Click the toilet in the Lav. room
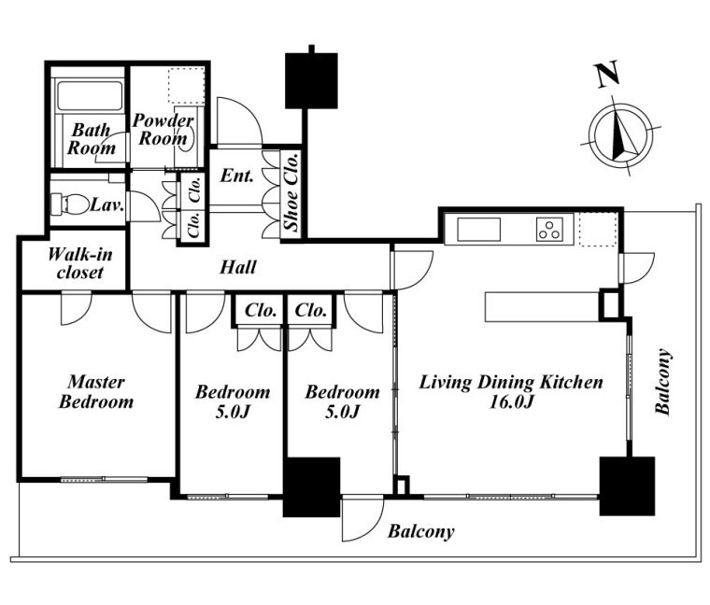(69, 204)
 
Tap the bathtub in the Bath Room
(90, 95)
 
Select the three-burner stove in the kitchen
(549, 230)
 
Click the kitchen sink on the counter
(479, 230)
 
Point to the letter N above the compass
(607, 74)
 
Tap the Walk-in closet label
(80, 263)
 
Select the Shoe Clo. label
(291, 191)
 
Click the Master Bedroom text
(96, 392)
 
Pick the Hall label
(238, 267)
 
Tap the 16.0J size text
(512, 401)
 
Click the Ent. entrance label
(236, 176)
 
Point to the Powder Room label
(163, 129)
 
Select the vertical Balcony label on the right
(663, 382)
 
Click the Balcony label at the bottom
(420, 531)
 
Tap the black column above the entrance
(311, 80)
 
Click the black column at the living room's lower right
(627, 486)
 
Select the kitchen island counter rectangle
(543, 307)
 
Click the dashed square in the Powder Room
(186, 86)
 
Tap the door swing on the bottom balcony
(362, 518)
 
